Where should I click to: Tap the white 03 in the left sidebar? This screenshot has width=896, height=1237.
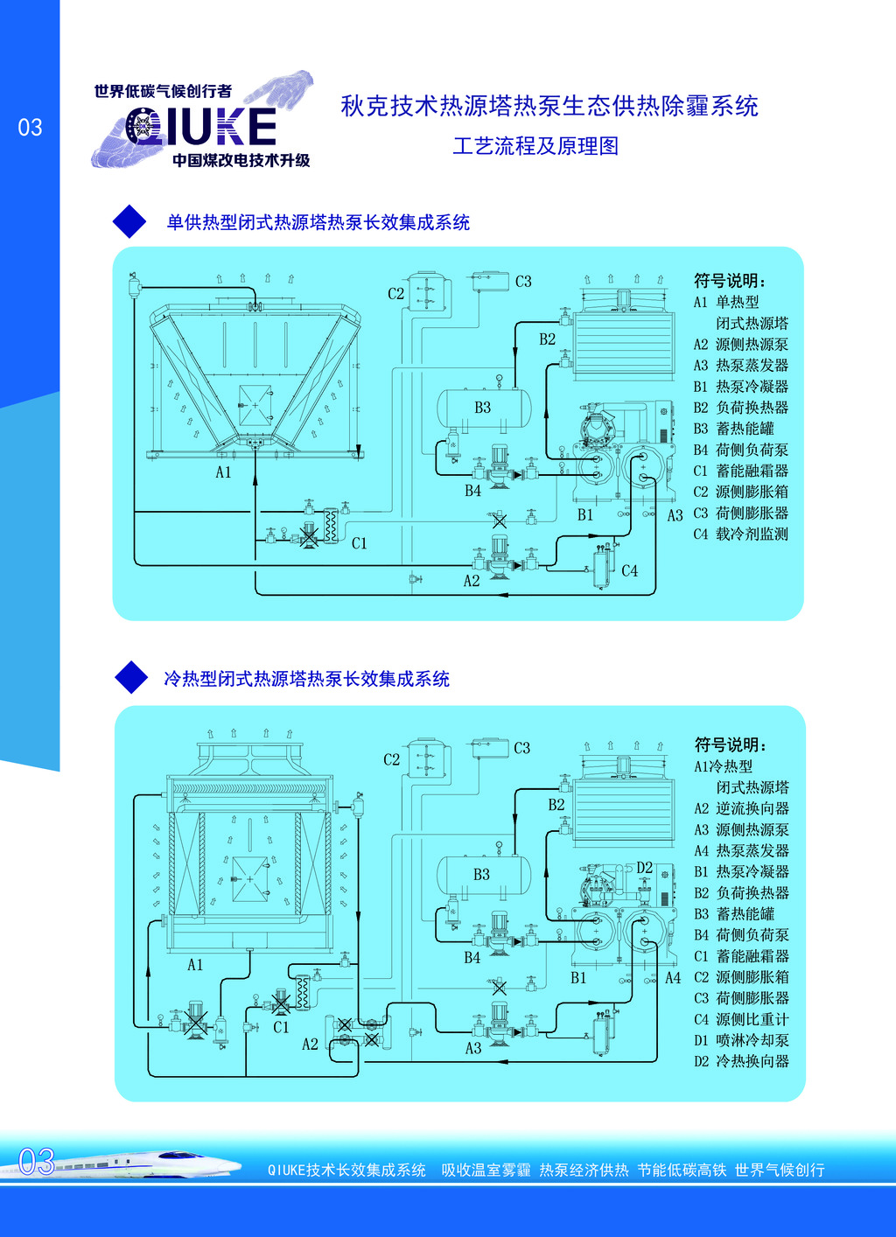30,128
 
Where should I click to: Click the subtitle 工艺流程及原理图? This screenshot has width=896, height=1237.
535,146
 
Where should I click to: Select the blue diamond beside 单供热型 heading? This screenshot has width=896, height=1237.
129,221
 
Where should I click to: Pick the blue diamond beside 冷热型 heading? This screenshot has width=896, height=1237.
131,677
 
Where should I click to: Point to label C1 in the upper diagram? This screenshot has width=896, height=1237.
360,543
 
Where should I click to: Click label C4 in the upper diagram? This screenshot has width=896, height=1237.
629,570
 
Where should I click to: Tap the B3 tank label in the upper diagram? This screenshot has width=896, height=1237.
482,408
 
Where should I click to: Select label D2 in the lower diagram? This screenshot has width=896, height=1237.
645,867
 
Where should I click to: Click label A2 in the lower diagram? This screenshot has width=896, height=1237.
310,1044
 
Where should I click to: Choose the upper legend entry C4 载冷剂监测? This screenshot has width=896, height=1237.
741,534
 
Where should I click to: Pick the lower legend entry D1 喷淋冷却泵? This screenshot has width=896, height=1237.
741,1040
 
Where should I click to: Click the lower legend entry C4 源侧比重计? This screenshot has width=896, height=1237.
741,1019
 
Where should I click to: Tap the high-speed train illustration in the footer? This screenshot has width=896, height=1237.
140,1164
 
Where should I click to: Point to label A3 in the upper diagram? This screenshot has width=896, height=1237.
675,516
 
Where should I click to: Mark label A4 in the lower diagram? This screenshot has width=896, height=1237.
673,978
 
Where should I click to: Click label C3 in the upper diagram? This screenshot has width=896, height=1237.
523,282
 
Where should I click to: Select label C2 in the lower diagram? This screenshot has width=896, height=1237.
392,759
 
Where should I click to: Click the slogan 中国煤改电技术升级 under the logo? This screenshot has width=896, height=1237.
241,160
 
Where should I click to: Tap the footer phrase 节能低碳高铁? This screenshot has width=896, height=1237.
682,1170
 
